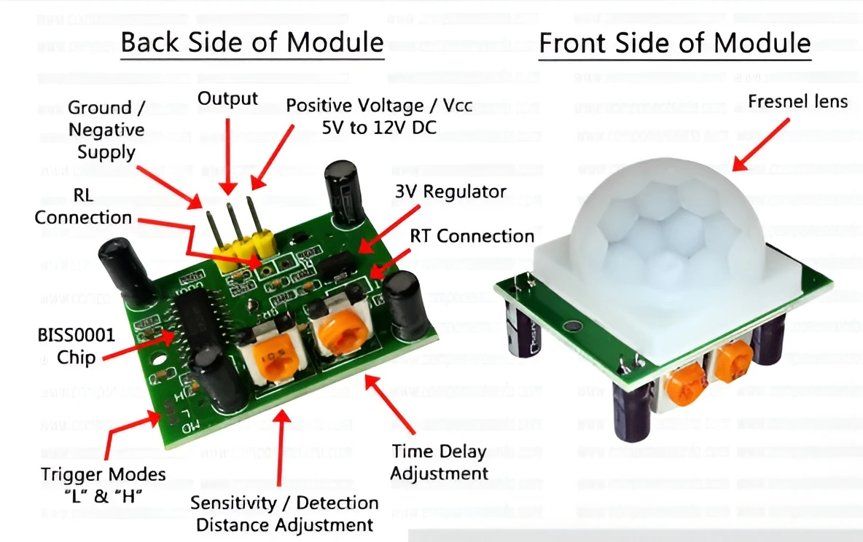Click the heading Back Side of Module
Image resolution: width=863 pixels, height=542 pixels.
[x=251, y=42]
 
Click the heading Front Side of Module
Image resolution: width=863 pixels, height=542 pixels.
[x=674, y=43]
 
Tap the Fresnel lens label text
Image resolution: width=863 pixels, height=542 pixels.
[x=797, y=101]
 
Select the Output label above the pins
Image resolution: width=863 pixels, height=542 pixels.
[x=227, y=98]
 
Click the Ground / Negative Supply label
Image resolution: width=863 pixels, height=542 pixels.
[x=106, y=130]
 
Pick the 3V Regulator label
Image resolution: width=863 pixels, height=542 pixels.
[x=450, y=192]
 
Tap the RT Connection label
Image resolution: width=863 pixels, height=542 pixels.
[x=472, y=236]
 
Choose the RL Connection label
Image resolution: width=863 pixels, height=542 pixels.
[x=83, y=207]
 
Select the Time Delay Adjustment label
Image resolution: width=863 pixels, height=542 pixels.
[x=439, y=462]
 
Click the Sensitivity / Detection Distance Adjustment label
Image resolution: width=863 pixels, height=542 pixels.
[x=284, y=514]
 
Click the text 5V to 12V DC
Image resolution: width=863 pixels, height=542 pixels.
[x=379, y=127]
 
